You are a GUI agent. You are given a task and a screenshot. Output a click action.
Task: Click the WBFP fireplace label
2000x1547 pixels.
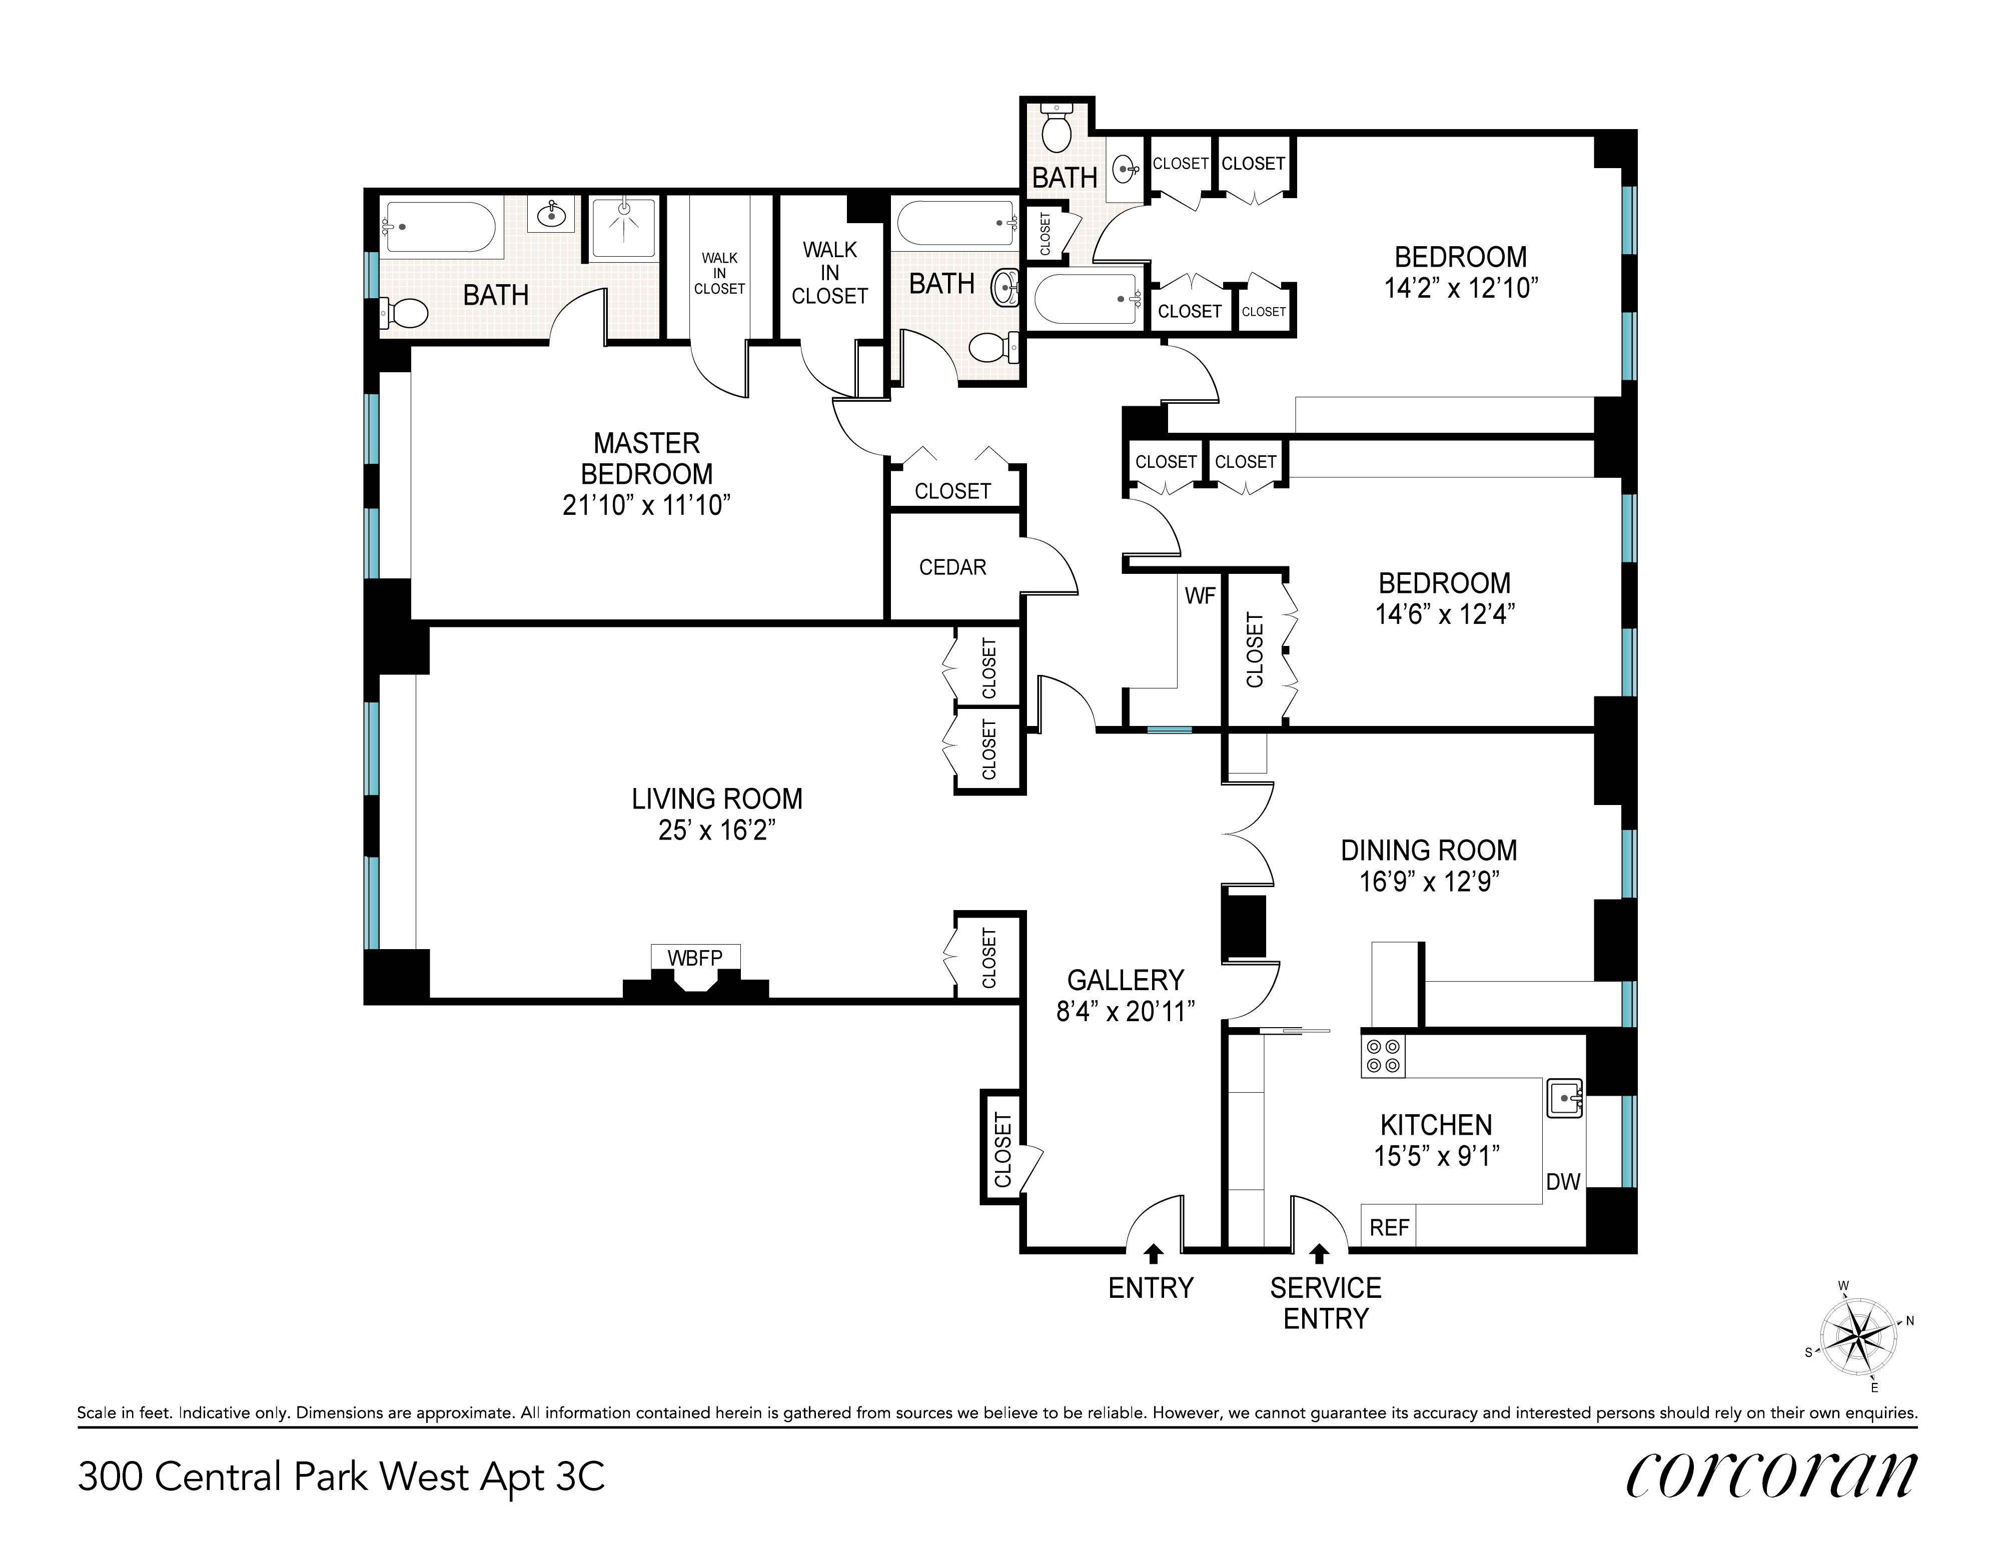(695, 958)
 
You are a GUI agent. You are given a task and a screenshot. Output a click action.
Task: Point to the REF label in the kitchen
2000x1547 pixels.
(1389, 1227)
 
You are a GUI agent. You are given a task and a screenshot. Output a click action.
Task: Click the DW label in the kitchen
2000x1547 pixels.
(1563, 1182)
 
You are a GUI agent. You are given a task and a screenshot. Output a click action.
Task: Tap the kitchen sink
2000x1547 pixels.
(1564, 1097)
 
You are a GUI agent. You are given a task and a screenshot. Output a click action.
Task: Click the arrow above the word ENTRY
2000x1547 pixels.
(1153, 1254)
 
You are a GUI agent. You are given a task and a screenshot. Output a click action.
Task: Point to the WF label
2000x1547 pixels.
(1200, 596)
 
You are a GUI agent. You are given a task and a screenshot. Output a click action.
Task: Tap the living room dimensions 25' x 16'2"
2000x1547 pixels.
(717, 830)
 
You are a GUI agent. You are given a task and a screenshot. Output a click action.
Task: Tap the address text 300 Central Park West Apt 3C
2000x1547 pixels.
(342, 1476)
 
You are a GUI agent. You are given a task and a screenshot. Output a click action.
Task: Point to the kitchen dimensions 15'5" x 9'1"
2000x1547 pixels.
(1436, 1156)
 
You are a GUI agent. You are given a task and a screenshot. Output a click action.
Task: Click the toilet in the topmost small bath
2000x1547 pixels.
(1057, 130)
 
